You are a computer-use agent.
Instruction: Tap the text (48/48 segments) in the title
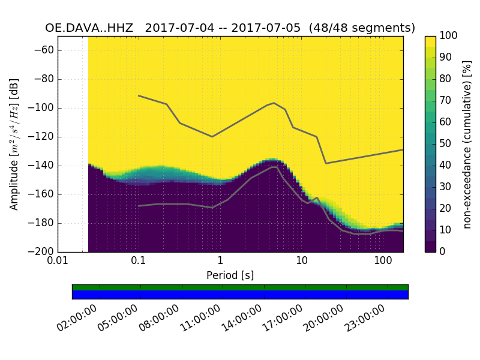[x=362, y=28]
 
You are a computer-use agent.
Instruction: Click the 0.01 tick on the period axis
[x=58, y=261]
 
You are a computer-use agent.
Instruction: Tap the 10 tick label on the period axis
[x=302, y=261]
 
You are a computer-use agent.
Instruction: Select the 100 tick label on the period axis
[x=383, y=261]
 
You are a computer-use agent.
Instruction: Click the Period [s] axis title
[x=230, y=275]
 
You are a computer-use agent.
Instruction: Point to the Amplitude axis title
[x=14, y=144]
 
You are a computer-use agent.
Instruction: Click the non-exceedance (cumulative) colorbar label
[x=467, y=144]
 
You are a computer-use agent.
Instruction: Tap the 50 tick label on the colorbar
[x=446, y=144]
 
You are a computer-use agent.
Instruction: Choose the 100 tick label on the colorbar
[x=449, y=36]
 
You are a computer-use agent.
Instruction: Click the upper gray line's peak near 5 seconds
[x=274, y=103]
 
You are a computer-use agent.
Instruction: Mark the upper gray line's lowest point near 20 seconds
[x=326, y=163]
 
